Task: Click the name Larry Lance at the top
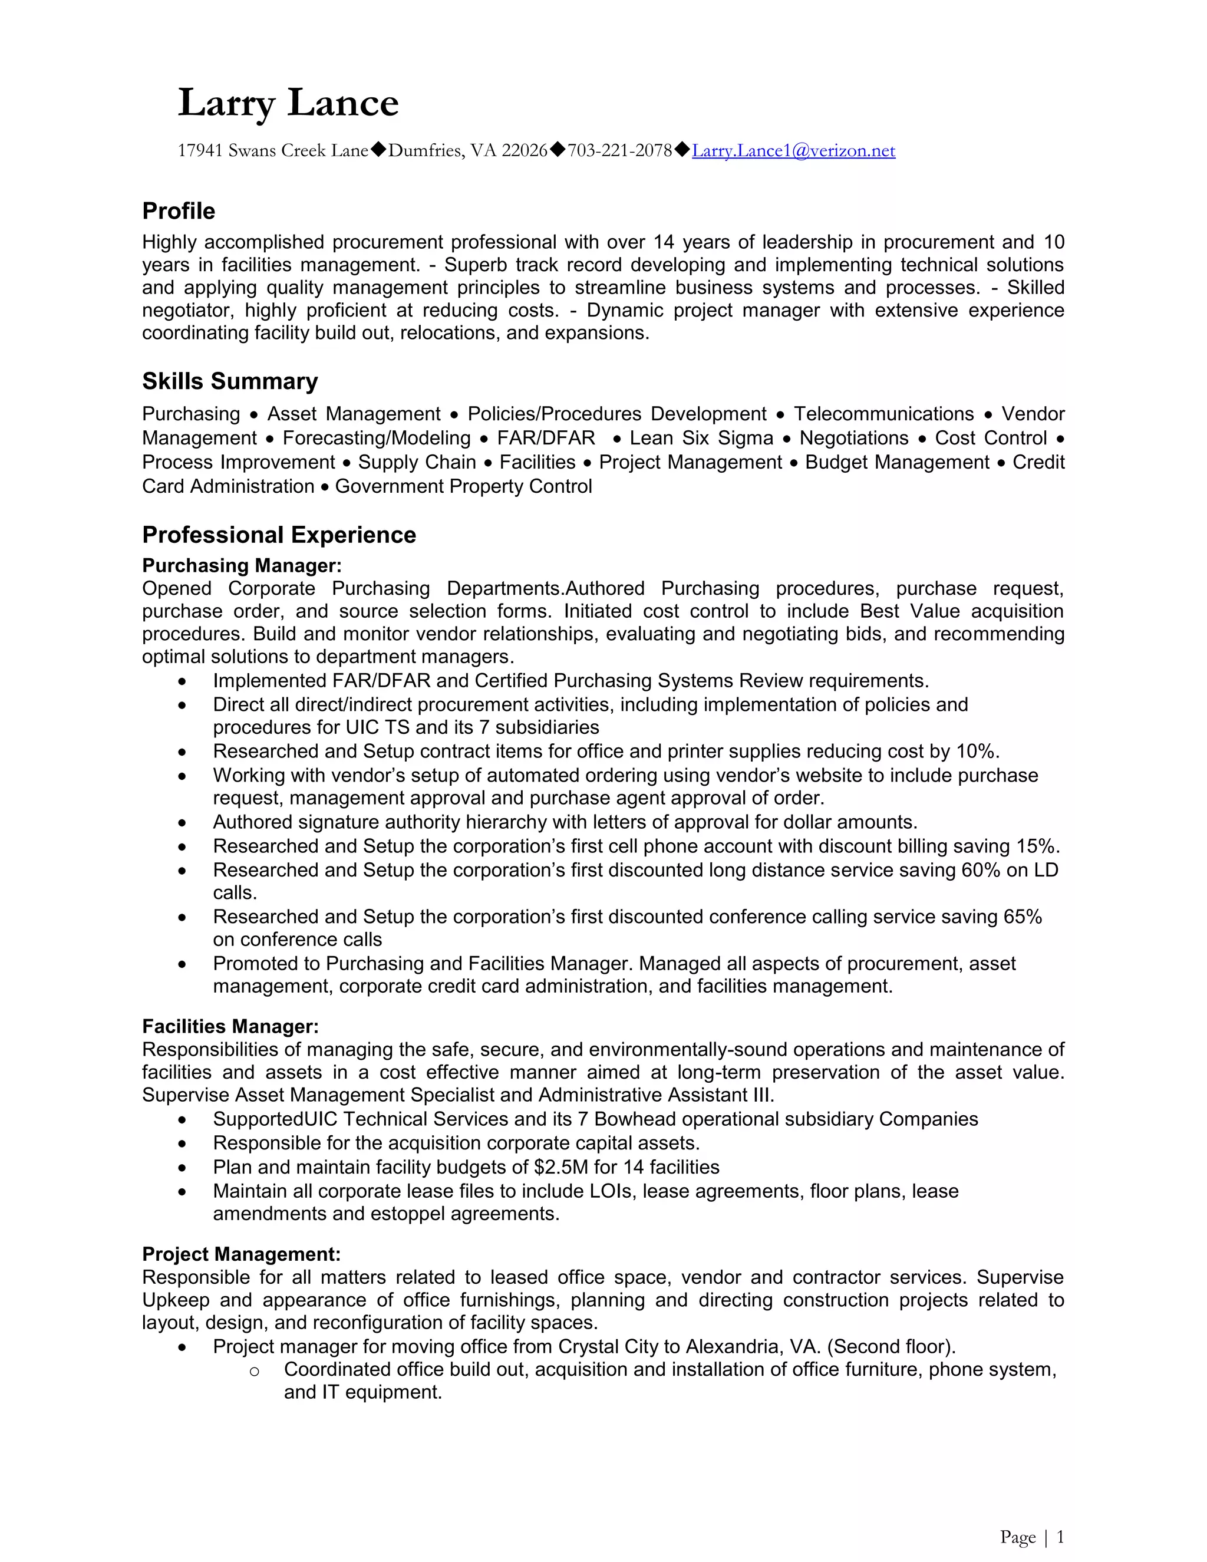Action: (288, 103)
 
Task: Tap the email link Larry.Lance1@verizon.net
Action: (793, 150)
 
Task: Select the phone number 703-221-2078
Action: (619, 150)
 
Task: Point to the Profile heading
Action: (179, 211)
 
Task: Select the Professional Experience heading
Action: (279, 535)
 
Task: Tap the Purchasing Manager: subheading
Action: (242, 566)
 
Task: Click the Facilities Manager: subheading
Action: (230, 1026)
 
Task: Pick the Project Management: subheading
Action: (241, 1254)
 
